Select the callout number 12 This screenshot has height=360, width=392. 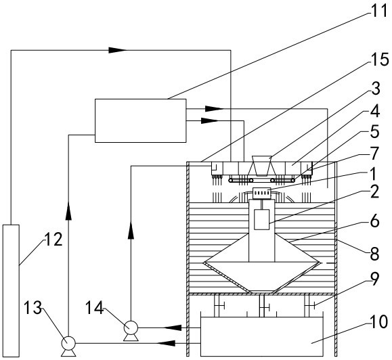pos(53,239)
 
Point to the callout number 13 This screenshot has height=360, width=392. pos(32,307)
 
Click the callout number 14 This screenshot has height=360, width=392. pos(95,307)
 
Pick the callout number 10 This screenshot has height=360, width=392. pos(379,321)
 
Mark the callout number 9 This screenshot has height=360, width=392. pos(374,279)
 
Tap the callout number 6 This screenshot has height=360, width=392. pos(374,221)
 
